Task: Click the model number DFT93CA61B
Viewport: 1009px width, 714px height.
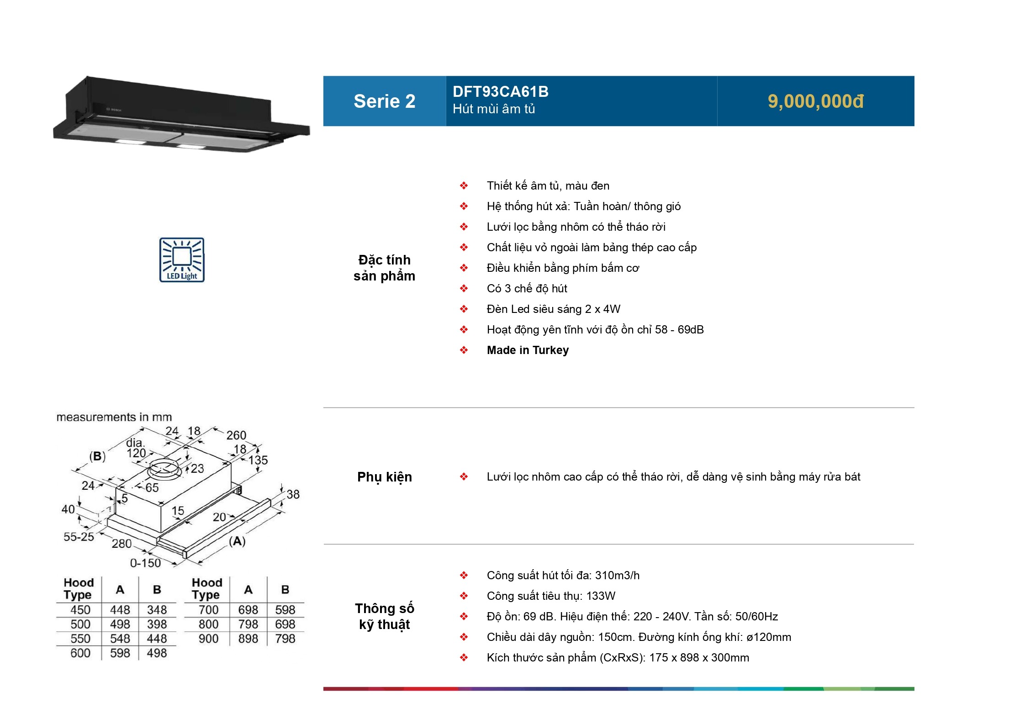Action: pyautogui.click(x=500, y=92)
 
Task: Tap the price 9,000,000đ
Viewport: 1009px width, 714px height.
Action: pyautogui.click(x=815, y=101)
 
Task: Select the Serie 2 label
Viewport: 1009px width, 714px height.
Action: pyautogui.click(x=384, y=101)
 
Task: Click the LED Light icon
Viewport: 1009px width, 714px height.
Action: pyautogui.click(x=182, y=259)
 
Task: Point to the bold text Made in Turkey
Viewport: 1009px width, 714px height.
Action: pyautogui.click(x=528, y=350)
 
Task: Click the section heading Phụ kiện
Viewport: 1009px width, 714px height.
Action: pyautogui.click(x=384, y=477)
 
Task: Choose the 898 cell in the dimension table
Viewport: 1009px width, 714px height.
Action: pyautogui.click(x=248, y=639)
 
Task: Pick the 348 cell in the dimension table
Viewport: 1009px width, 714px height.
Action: pyautogui.click(x=157, y=610)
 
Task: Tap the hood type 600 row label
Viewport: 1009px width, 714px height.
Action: pyautogui.click(x=80, y=653)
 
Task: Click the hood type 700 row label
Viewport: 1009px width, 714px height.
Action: pyautogui.click(x=208, y=610)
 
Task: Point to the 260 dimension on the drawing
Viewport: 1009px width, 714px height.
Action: pyautogui.click(x=236, y=435)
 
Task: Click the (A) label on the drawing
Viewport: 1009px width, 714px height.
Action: pyautogui.click(x=237, y=541)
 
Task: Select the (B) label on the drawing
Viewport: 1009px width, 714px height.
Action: pyautogui.click(x=97, y=456)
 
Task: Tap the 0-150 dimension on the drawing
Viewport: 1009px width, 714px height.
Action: pyautogui.click(x=145, y=563)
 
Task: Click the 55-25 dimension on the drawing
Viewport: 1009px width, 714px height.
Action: pyautogui.click(x=79, y=537)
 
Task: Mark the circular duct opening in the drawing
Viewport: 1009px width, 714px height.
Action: pyautogui.click(x=164, y=469)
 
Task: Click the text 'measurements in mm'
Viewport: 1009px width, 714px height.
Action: pyautogui.click(x=114, y=417)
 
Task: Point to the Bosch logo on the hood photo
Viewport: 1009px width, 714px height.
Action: pyautogui.click(x=114, y=110)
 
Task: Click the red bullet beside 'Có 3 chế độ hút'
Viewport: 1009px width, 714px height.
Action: pyautogui.click(x=464, y=289)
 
